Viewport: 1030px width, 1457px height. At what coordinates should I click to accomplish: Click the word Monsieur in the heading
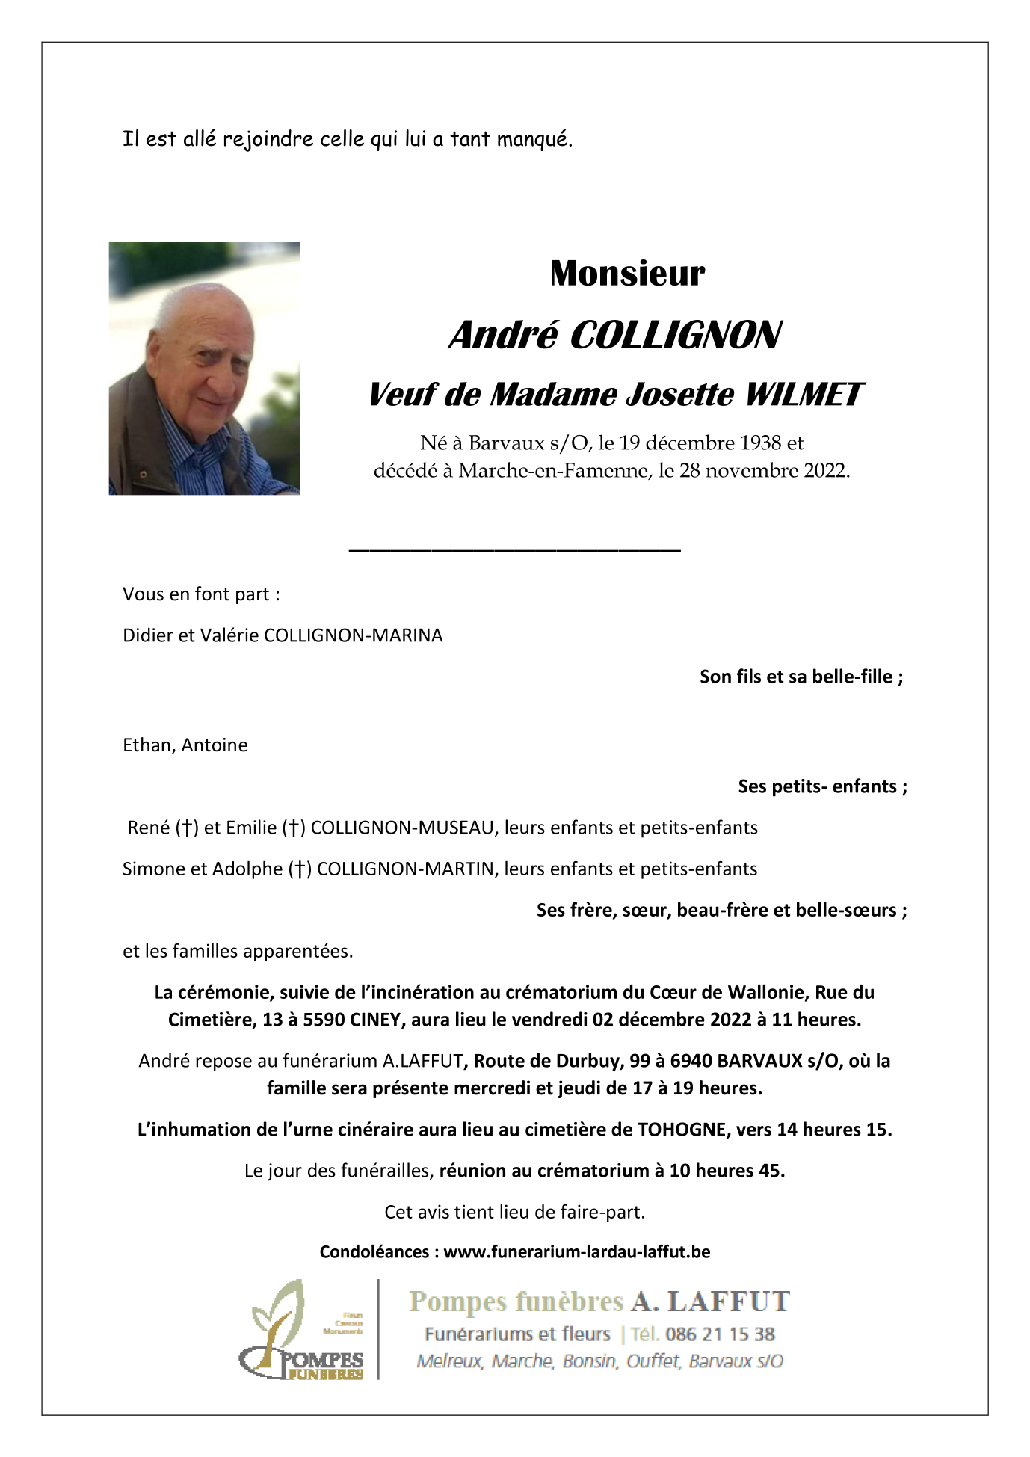[626, 274]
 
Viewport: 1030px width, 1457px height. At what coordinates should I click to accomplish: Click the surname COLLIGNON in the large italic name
[675, 335]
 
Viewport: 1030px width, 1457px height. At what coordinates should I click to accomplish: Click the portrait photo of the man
[204, 368]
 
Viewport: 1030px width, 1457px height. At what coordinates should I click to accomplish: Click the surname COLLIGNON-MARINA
[353, 635]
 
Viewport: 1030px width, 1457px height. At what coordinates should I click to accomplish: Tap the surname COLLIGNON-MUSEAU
[402, 828]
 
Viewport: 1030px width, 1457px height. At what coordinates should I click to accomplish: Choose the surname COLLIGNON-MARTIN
[405, 869]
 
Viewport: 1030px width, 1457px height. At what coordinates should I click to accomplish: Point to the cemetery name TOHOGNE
[681, 1130]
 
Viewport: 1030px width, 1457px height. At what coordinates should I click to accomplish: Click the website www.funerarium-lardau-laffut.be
[576, 1252]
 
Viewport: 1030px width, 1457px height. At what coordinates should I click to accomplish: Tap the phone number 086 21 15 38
[720, 1334]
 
